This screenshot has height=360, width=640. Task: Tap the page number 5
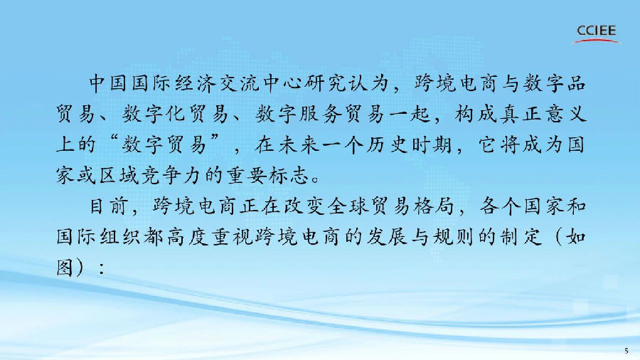(626, 350)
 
